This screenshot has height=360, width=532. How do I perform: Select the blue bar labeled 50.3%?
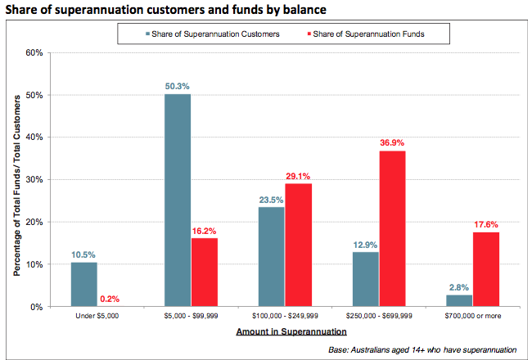(x=178, y=200)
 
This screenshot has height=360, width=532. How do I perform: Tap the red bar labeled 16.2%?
(x=204, y=272)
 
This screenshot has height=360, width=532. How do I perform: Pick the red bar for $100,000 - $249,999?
(x=299, y=245)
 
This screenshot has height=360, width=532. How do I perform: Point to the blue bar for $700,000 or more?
(x=459, y=300)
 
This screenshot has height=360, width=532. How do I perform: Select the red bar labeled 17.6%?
(x=485, y=269)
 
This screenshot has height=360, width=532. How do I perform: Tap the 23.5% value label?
(x=272, y=199)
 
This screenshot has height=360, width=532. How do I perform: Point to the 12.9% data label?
(x=365, y=244)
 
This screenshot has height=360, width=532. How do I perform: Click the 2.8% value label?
(x=459, y=286)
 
